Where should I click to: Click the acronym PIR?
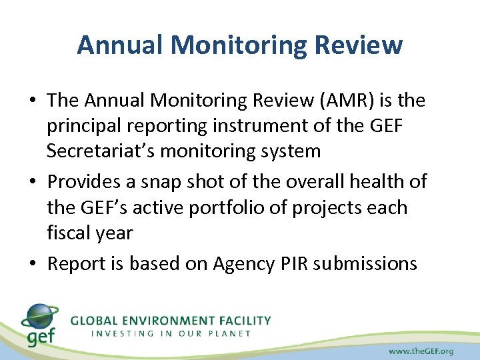(x=293, y=263)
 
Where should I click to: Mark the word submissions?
(x=365, y=263)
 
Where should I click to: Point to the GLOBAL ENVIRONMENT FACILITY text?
(x=171, y=321)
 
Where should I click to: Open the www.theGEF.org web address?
(x=422, y=350)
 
